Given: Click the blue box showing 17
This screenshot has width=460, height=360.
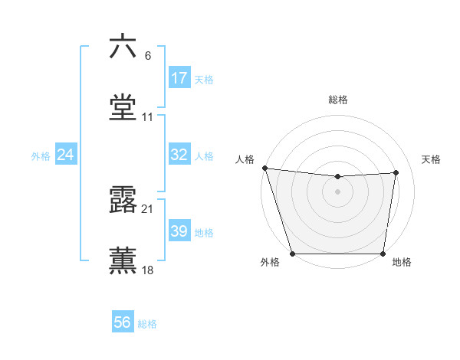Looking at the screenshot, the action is tap(179, 78).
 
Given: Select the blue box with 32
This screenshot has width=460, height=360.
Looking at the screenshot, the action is tap(179, 155).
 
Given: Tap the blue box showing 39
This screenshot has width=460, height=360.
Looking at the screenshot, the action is tap(179, 231).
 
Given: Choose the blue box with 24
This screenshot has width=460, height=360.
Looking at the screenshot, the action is tap(66, 155).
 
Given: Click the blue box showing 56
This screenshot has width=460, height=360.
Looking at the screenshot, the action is tap(123, 322).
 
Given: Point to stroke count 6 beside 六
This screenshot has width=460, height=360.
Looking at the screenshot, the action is tap(148, 55).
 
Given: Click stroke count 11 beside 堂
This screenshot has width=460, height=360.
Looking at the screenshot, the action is tap(148, 117).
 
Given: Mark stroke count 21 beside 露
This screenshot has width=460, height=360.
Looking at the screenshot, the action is tap(148, 209).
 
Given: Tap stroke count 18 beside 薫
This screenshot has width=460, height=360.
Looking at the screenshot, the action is tap(148, 270).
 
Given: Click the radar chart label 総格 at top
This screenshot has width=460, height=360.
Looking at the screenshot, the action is tap(338, 100).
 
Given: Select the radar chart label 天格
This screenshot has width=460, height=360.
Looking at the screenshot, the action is tap(431, 159).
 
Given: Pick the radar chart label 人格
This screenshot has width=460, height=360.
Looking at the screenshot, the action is tap(245, 159).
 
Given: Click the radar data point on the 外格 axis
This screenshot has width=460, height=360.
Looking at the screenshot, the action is tap(292, 253).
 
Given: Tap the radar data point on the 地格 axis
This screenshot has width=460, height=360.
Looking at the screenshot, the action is tap(383, 253).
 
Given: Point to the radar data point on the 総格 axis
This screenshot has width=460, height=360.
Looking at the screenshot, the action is tap(337, 177).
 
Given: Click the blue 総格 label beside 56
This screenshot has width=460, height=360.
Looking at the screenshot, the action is tap(147, 324).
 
